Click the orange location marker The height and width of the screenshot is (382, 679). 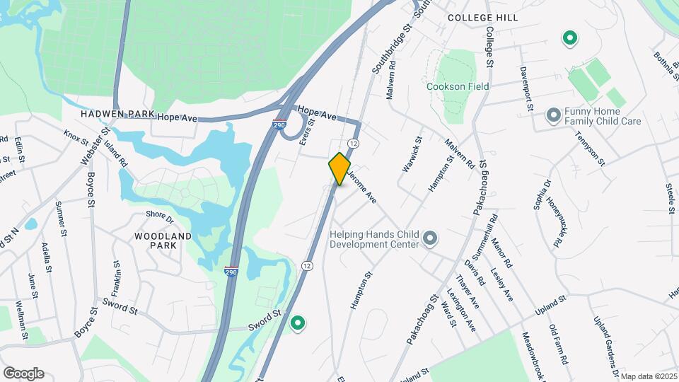coord(339,168)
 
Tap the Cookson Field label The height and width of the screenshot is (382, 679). coord(458,86)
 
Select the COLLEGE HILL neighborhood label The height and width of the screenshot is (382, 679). coord(482,17)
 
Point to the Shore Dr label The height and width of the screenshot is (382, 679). coord(159,214)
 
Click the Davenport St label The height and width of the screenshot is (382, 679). coord(526,89)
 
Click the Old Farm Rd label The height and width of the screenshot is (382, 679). coord(558,344)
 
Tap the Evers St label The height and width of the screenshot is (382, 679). coord(306,133)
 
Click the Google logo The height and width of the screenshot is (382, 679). coord(23,374)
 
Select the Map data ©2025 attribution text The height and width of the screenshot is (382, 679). coord(649,376)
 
